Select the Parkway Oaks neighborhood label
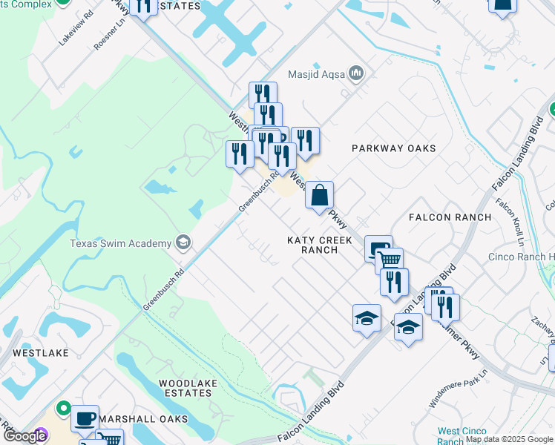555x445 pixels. tap(393, 148)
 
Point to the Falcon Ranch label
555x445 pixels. tap(450, 217)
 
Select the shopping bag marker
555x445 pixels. tap(319, 196)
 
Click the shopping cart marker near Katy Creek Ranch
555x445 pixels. tap(390, 261)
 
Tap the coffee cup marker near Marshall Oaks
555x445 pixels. tap(85, 418)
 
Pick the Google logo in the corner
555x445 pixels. tap(24, 437)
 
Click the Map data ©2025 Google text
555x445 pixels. tap(509, 440)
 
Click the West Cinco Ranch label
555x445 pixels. tap(462, 436)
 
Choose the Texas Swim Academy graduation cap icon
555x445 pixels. tap(182, 243)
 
